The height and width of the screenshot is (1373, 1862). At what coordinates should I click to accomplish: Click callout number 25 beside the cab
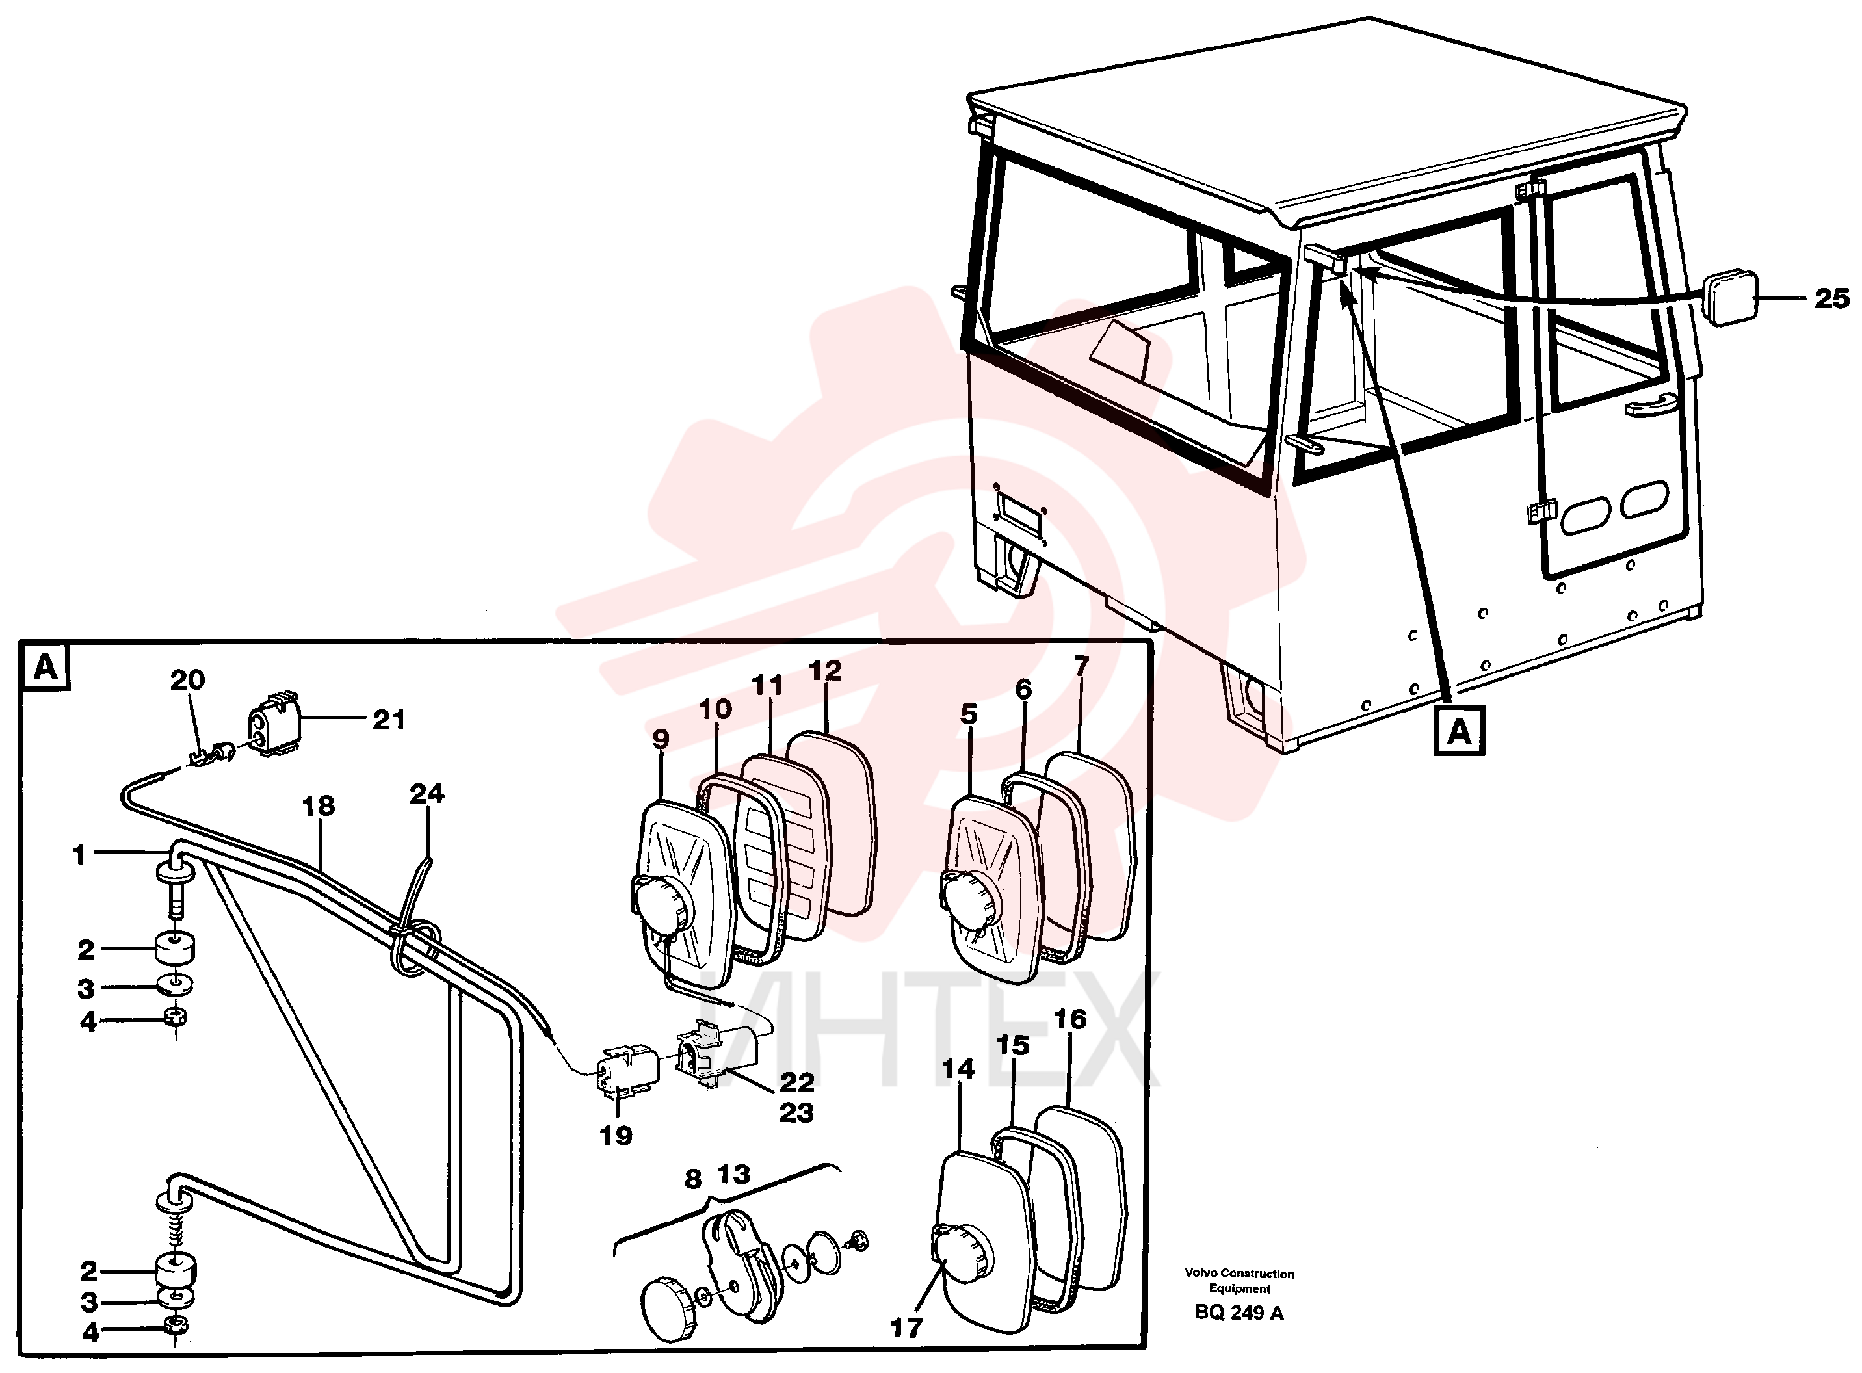[1831, 298]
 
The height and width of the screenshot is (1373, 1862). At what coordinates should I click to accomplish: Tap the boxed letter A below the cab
[1460, 732]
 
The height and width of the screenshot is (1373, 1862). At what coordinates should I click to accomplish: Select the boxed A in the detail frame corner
[46, 666]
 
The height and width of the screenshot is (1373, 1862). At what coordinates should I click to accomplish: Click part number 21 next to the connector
[388, 720]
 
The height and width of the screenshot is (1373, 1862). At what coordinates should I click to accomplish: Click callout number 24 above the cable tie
[426, 794]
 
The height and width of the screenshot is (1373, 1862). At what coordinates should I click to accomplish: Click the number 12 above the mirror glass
[824, 671]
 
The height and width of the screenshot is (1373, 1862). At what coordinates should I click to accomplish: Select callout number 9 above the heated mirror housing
[661, 739]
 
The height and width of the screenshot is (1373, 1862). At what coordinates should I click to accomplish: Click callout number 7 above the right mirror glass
[1081, 666]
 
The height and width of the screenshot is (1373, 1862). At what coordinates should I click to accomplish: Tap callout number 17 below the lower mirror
[906, 1328]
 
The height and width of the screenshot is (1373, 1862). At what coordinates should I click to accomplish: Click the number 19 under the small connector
[615, 1135]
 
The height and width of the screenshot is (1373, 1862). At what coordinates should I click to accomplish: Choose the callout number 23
[796, 1112]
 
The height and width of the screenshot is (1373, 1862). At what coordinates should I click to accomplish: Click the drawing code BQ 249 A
[1239, 1313]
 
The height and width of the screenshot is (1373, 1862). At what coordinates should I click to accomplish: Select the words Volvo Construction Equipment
[1239, 1281]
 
